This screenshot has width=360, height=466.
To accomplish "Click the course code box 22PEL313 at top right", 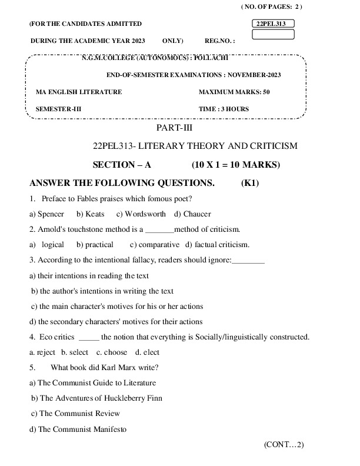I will [x=272, y=24].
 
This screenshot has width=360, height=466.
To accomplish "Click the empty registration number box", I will [x=272, y=34].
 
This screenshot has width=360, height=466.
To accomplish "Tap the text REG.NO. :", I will [x=220, y=42].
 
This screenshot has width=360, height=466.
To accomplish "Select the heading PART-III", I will [x=174, y=127].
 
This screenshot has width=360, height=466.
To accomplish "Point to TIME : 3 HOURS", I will [x=224, y=109].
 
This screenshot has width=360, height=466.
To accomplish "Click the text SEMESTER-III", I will [x=59, y=109].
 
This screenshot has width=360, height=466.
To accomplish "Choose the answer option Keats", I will [x=91, y=214].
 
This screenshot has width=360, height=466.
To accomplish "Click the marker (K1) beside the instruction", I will [x=250, y=183].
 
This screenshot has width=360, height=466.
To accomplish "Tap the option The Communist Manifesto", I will [x=78, y=429].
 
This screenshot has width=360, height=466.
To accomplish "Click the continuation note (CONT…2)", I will [x=284, y=445].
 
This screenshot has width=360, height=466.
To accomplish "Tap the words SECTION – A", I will [x=122, y=165].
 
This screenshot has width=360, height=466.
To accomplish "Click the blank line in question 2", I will [x=159, y=229].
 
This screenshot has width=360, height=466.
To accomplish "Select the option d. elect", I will [x=147, y=352].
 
